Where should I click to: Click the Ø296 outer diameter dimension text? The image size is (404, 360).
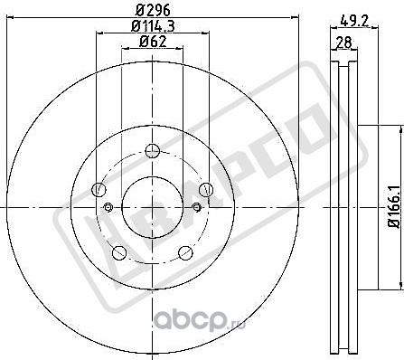click(153, 12)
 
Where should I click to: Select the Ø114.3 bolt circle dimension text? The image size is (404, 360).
click(153, 25)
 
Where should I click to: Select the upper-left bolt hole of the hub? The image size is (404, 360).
click(98, 190)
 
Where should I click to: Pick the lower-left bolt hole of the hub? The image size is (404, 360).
click(118, 251)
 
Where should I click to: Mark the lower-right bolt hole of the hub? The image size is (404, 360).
click(186, 252)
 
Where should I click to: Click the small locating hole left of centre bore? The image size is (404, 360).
click(109, 208)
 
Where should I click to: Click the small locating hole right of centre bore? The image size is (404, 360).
click(195, 208)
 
